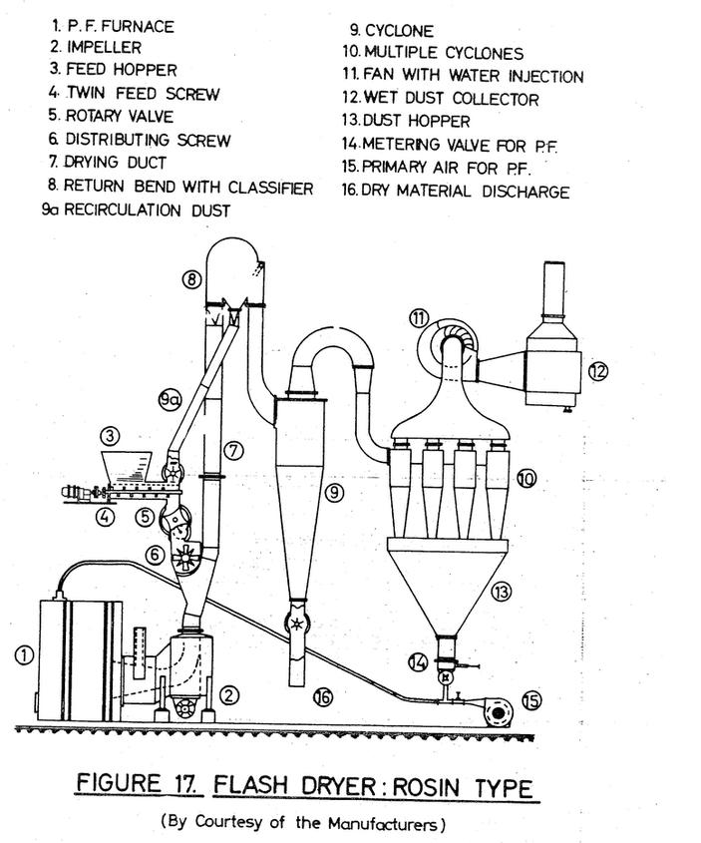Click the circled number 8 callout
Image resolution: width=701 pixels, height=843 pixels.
(192, 280)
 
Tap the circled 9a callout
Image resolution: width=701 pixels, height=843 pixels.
(171, 399)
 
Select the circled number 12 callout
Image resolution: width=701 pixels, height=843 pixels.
(598, 371)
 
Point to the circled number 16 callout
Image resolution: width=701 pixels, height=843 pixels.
(323, 697)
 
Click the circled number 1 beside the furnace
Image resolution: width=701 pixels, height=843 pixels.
(24, 655)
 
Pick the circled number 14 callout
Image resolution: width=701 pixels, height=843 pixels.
(418, 661)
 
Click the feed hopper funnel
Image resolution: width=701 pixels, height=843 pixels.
(127, 467)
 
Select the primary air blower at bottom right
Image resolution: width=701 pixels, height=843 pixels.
(497, 712)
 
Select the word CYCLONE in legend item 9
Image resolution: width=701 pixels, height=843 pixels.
(399, 31)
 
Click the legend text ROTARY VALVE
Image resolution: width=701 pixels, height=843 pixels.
(120, 116)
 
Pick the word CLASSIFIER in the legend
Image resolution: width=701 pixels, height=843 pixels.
(270, 188)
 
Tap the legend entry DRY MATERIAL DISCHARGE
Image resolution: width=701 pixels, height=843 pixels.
(466, 192)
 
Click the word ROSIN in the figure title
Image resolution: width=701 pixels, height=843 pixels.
(426, 787)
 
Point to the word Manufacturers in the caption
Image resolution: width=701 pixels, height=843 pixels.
(384, 823)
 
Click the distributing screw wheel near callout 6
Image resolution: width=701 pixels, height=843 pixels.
(185, 558)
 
